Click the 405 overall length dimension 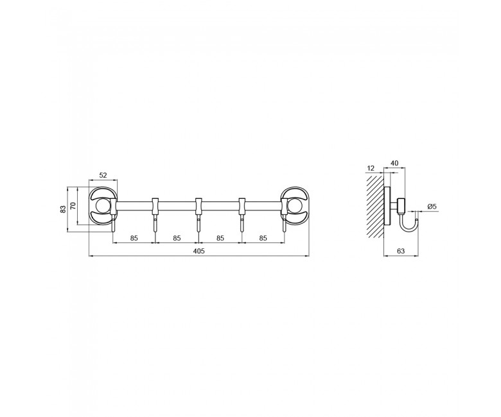(x=198, y=251)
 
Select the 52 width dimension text (x=103, y=175)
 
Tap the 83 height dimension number (x=63, y=209)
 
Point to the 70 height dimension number (x=73, y=206)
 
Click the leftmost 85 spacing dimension (x=134, y=238)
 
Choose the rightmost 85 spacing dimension (x=263, y=238)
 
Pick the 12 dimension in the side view (x=371, y=168)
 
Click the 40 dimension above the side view (x=394, y=163)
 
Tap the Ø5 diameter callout (x=432, y=207)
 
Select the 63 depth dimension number (x=401, y=251)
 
